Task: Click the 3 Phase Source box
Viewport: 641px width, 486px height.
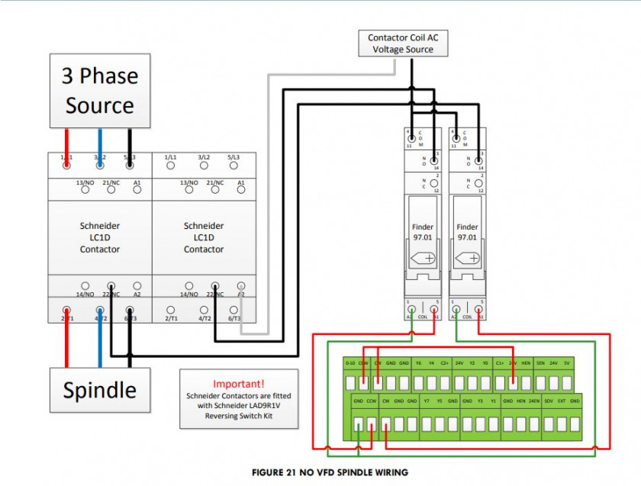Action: pyautogui.click(x=99, y=91)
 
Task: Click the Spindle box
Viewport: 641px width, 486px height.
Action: pyautogui.click(x=99, y=391)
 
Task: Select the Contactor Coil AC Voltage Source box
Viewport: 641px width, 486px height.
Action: pyautogui.click(x=402, y=43)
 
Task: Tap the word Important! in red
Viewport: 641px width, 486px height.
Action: pyautogui.click(x=239, y=384)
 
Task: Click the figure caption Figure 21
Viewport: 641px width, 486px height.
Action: pyautogui.click(x=330, y=473)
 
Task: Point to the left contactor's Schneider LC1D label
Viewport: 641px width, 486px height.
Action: pyautogui.click(x=100, y=237)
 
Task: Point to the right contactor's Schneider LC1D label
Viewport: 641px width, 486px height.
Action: pyautogui.click(x=204, y=237)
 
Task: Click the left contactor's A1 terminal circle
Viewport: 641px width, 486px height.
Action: pyautogui.click(x=137, y=189)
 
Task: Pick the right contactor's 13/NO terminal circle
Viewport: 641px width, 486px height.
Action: pyautogui.click(x=188, y=189)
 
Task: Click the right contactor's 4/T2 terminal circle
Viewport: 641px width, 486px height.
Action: pyautogui.click(x=204, y=311)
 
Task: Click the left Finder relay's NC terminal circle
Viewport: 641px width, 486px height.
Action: pyautogui.click(x=435, y=183)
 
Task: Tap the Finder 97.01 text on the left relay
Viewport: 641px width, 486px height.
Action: pyautogui.click(x=423, y=232)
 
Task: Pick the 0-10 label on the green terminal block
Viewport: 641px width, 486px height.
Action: pyautogui.click(x=350, y=363)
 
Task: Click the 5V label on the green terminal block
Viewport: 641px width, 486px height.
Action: pyautogui.click(x=565, y=363)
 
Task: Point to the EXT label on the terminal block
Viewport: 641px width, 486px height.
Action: pyautogui.click(x=562, y=401)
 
